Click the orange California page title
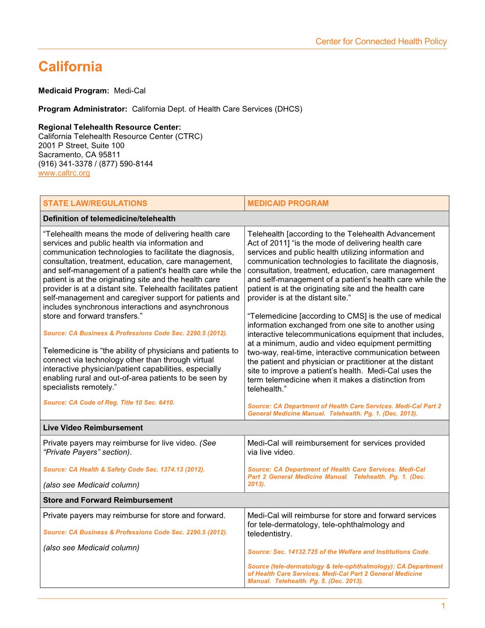point(70,67)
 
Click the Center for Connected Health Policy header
point(381,42)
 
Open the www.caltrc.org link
point(64,173)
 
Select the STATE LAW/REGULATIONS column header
point(95,203)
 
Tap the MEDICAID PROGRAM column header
point(288,203)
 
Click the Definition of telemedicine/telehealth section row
point(109,219)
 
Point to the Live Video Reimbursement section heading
point(93,428)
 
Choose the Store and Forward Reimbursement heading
point(108,500)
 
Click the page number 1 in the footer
point(443,606)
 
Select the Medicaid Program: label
point(73,91)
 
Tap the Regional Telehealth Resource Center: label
point(110,127)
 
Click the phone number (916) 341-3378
point(65,164)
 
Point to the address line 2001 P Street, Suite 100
point(81,145)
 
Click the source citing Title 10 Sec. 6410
point(109,403)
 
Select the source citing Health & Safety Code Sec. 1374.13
point(124,469)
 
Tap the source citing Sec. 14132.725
point(338,552)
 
